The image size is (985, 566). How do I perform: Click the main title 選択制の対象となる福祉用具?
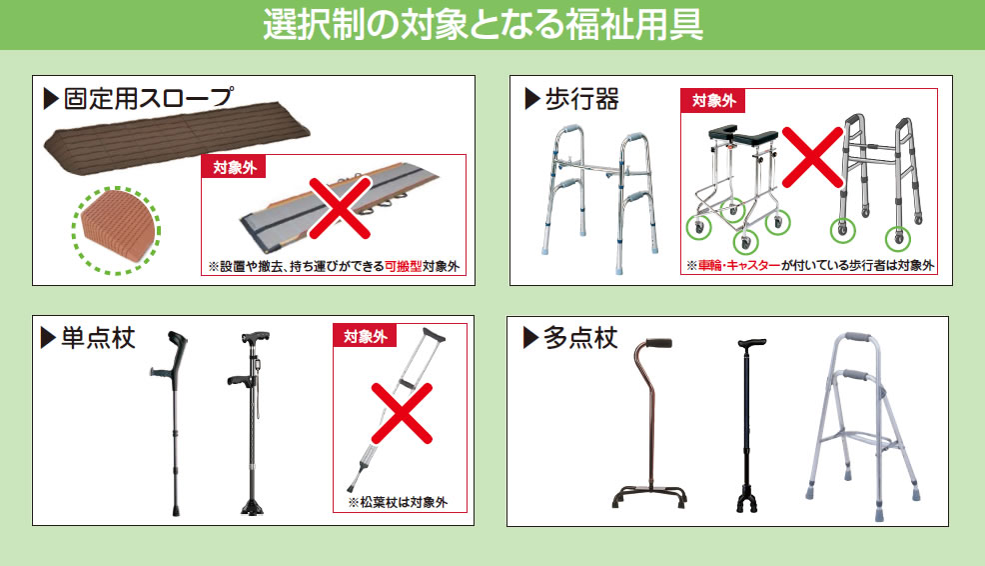[483, 24]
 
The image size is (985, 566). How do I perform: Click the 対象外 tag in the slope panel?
[235, 167]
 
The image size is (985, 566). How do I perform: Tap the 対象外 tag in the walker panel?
[713, 101]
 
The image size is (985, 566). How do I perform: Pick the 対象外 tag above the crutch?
[365, 336]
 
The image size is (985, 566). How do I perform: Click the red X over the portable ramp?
[341, 207]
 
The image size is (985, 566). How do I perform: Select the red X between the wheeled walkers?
[812, 157]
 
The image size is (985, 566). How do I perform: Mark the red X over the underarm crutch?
[402, 413]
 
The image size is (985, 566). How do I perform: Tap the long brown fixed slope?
[177, 143]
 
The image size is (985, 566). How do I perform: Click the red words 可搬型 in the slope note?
[403, 267]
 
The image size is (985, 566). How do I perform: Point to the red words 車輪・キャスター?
[739, 266]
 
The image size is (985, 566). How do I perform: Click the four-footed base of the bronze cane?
[650, 496]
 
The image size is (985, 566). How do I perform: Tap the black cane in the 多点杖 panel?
[747, 425]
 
